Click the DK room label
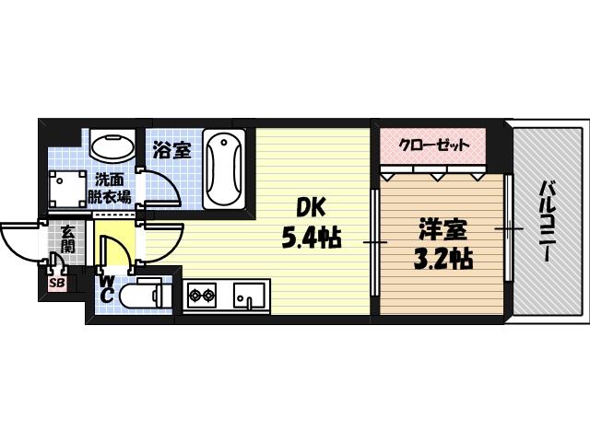pyautogui.click(x=311, y=207)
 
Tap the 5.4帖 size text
pyautogui.click(x=312, y=238)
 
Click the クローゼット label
pyautogui.click(x=434, y=145)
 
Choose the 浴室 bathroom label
pyautogui.click(x=171, y=147)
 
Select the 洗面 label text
pyautogui.click(x=110, y=180)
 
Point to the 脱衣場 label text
pyautogui.click(x=110, y=195)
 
